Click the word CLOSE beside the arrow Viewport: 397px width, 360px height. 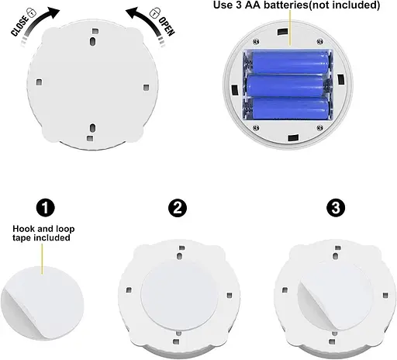click(x=19, y=26)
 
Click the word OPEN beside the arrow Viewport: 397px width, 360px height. click(x=167, y=26)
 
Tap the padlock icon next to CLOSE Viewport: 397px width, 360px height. click(x=32, y=12)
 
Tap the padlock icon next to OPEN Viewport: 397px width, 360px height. click(x=155, y=12)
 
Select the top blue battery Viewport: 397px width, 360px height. click(x=290, y=62)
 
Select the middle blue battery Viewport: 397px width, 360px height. click(x=285, y=85)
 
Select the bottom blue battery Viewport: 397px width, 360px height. click(x=290, y=108)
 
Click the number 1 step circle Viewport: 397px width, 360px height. click(x=46, y=207)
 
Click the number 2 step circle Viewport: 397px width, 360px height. click(x=178, y=208)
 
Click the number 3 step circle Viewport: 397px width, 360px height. click(x=336, y=207)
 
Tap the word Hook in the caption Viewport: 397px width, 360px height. click(x=24, y=229)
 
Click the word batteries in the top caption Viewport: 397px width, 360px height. click(x=286, y=5)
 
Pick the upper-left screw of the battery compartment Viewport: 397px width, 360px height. click(x=256, y=41)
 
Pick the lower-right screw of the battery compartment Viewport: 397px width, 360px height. click(x=319, y=127)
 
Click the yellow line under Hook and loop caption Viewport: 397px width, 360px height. click(x=42, y=259)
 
